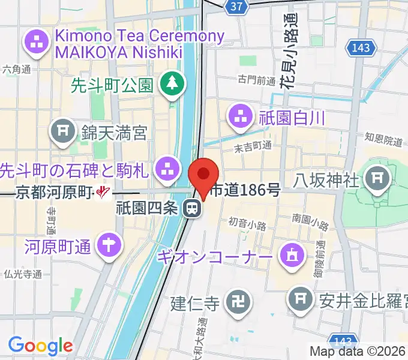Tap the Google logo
[x=40, y=346]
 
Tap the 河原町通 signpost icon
[x=109, y=244]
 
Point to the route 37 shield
[x=237, y=6]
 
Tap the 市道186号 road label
[x=246, y=191]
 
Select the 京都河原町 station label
[x=53, y=193]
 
